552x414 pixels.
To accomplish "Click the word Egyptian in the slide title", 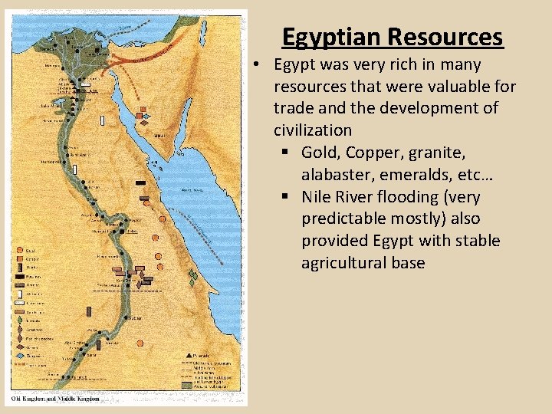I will click(x=332, y=37).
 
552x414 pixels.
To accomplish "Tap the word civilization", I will click(x=313, y=130).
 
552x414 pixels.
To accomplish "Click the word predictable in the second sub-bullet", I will click(x=343, y=219).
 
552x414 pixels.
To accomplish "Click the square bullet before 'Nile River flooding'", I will click(x=287, y=197).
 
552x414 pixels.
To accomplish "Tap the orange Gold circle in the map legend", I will click(x=20, y=251).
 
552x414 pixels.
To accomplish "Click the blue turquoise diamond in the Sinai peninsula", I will click(x=146, y=117).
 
